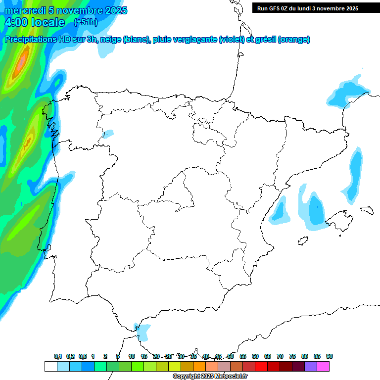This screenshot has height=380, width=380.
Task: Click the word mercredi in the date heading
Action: click(x=25, y=10)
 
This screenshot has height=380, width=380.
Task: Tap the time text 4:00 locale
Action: click(x=35, y=22)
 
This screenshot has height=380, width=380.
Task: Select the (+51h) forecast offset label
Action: click(x=86, y=22)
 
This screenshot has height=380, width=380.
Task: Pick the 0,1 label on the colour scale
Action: click(x=58, y=356)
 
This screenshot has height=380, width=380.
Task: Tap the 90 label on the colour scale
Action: click(x=330, y=356)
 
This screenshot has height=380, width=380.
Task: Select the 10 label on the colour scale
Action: click(x=132, y=356)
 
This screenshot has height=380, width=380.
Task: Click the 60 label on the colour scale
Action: click(x=255, y=356)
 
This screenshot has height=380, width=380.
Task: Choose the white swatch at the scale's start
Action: click(x=50, y=366)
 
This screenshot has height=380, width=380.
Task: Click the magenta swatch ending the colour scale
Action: click(x=323, y=366)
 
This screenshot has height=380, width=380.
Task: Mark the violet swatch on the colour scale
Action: click(x=311, y=366)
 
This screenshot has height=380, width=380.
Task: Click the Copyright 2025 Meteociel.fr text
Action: click(x=210, y=376)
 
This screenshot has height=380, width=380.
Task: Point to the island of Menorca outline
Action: click(x=366, y=210)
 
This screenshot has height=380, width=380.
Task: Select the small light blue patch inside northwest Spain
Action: click(x=108, y=134)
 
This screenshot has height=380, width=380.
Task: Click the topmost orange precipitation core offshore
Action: click(x=22, y=63)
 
